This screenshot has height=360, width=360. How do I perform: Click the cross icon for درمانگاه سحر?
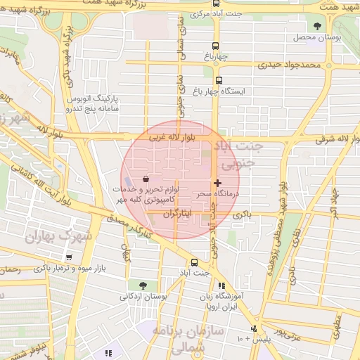pos(217,182)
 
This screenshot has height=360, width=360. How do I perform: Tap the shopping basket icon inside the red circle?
pos(145,179)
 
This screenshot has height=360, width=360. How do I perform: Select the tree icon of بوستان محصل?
pos(318,27)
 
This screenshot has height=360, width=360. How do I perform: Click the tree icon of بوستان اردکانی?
pos(143,285)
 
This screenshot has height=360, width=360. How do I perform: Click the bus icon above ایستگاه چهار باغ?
pos(219,80)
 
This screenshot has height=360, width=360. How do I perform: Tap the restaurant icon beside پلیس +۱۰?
pos(254,329)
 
